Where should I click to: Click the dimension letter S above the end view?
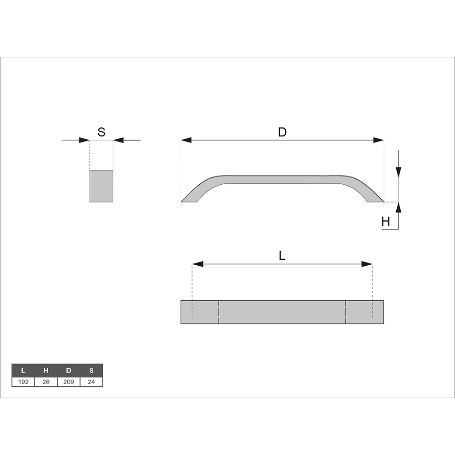pyautogui.click(x=101, y=132)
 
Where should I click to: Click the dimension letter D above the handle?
pyautogui.click(x=283, y=132)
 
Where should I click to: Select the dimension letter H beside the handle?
pyautogui.click(x=386, y=222)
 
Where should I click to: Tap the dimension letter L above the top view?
pyautogui.click(x=282, y=256)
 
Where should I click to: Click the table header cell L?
pyautogui.click(x=23, y=370)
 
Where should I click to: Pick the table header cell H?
pyautogui.click(x=46, y=370)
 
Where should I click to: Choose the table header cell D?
pyautogui.click(x=69, y=370)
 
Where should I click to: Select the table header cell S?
pyautogui.click(x=91, y=370)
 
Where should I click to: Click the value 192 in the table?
pyautogui.click(x=23, y=382)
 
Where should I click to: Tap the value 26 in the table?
pyautogui.click(x=46, y=382)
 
